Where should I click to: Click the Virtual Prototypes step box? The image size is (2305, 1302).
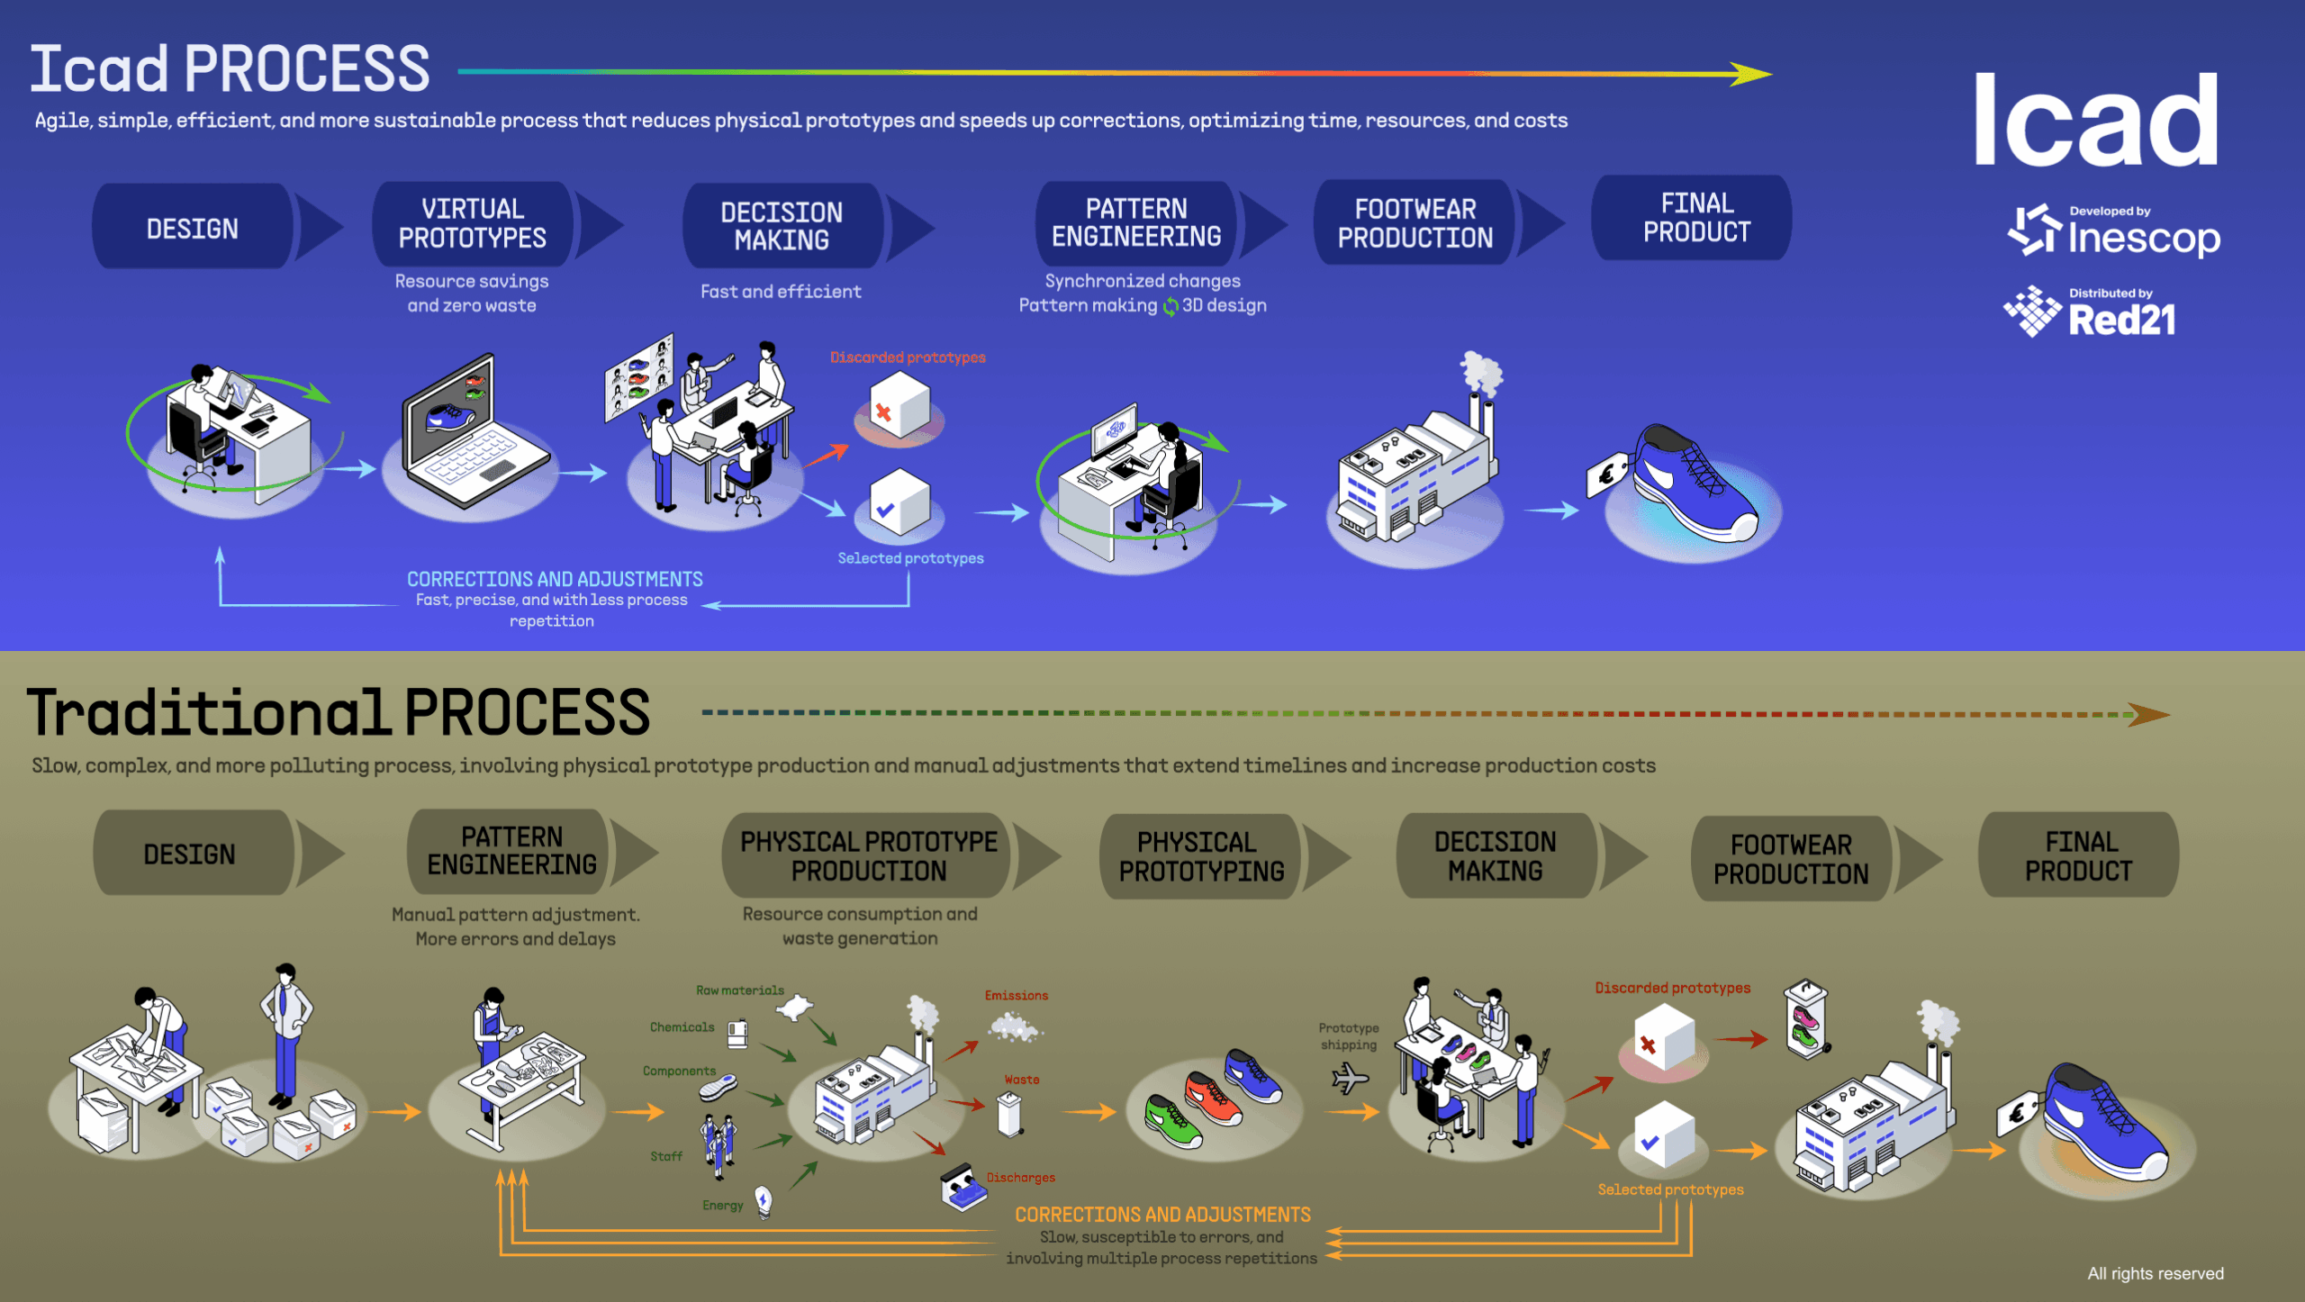tap(472, 224)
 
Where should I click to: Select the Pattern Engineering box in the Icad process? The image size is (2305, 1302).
tap(1136, 222)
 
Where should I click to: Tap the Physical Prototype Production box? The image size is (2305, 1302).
tap(868, 855)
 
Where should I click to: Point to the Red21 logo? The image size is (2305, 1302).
tap(2089, 312)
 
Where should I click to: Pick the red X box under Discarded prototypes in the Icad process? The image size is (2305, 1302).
tap(899, 408)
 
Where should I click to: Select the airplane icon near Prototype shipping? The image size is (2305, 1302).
tap(1349, 1078)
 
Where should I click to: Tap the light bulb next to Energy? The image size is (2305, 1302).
tap(764, 1200)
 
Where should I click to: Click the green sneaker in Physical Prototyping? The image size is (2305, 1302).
tap(1172, 1120)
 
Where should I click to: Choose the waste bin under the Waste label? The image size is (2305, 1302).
tap(1010, 1114)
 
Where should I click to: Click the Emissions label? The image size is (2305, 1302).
tap(1016, 996)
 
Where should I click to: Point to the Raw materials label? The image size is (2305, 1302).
tap(739, 990)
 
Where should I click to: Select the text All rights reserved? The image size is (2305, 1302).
tap(2155, 1273)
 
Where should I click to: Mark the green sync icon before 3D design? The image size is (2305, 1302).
tap(1170, 307)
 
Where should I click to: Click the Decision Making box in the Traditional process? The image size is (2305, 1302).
tap(1495, 855)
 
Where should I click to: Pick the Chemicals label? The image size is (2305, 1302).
tap(682, 1027)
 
